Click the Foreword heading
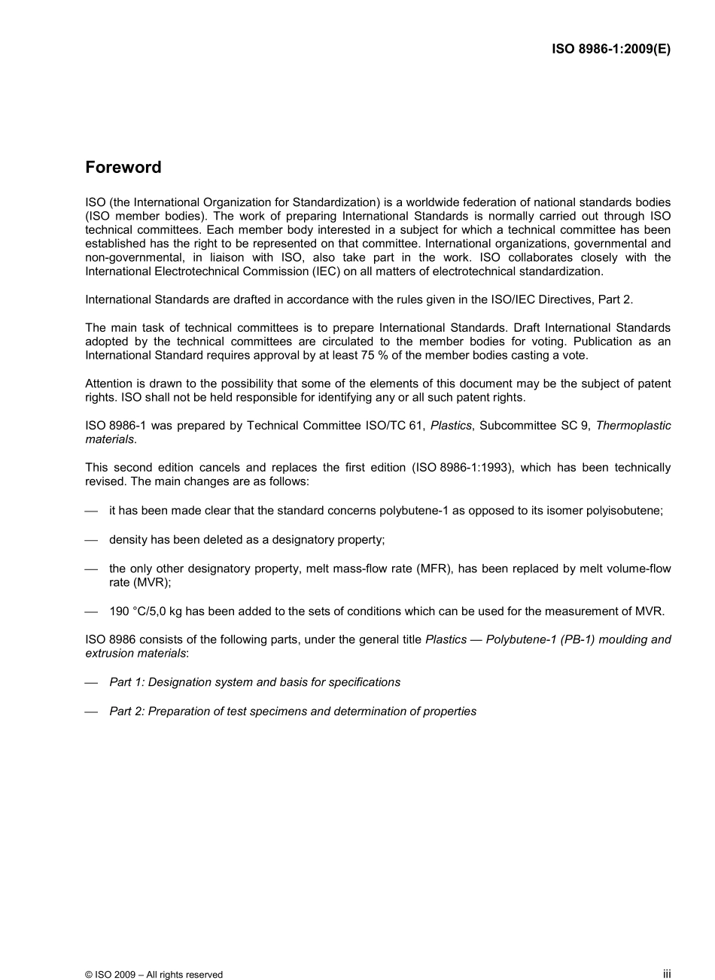point(123,168)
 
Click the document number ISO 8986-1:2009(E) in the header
point(611,50)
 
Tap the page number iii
point(666,973)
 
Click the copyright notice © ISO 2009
point(154,974)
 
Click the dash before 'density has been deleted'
point(92,540)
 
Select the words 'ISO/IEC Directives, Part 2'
point(564,299)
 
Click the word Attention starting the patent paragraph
point(108,384)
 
